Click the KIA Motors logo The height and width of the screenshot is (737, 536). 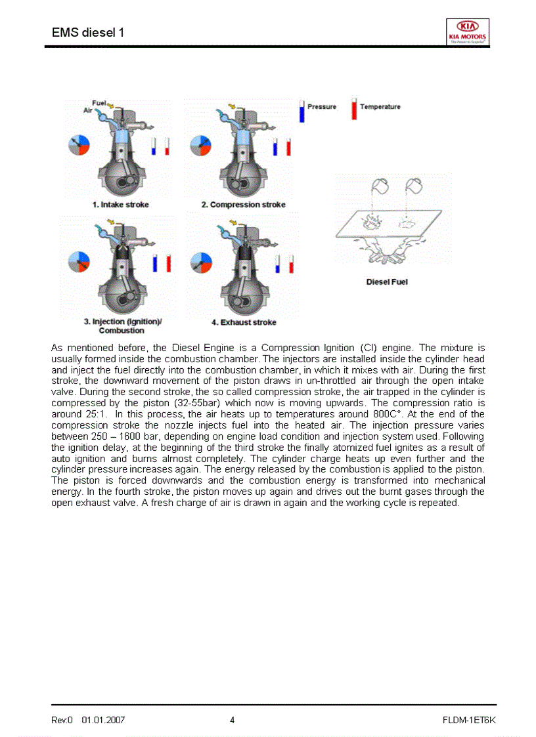pyautogui.click(x=468, y=32)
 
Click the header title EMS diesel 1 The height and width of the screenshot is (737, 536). pyautogui.click(x=88, y=32)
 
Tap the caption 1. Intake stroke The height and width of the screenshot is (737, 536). pyautogui.click(x=120, y=205)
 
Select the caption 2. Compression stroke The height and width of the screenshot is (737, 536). pyautogui.click(x=243, y=205)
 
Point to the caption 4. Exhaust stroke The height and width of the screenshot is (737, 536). pyautogui.click(x=244, y=322)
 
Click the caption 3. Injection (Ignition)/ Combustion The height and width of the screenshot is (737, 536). pyautogui.click(x=122, y=326)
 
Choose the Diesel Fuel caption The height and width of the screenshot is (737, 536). pyautogui.click(x=387, y=282)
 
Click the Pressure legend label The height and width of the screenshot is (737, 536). pyautogui.click(x=322, y=107)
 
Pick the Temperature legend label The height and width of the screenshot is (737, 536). pyautogui.click(x=380, y=107)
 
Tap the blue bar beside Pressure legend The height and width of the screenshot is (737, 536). pyautogui.click(x=302, y=111)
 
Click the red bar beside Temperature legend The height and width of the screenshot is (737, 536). pyautogui.click(x=354, y=110)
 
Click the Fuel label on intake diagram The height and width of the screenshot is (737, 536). pyautogui.click(x=99, y=103)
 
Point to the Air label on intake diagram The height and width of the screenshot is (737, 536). pyautogui.click(x=87, y=110)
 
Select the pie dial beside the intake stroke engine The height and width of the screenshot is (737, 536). pyautogui.click(x=78, y=146)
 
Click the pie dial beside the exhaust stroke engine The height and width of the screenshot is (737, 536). pyautogui.click(x=200, y=263)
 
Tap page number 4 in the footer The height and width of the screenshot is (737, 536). pyautogui.click(x=233, y=720)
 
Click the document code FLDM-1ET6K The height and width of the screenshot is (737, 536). pyautogui.click(x=469, y=720)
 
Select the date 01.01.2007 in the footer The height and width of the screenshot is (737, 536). pyautogui.click(x=103, y=720)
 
